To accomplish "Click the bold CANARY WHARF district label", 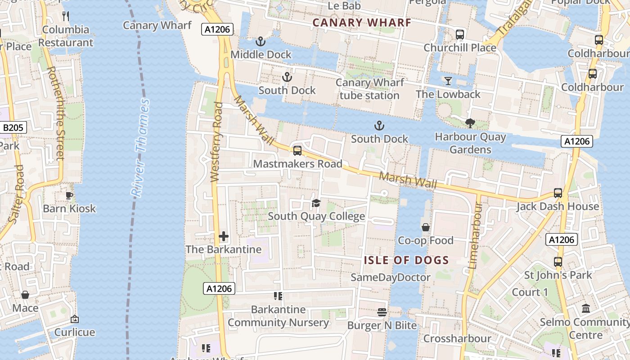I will click(x=362, y=22).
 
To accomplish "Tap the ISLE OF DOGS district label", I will click(x=406, y=260).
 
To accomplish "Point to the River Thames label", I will click(x=141, y=148).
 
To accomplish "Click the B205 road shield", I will click(x=13, y=128).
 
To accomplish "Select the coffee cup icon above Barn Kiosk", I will click(x=69, y=195).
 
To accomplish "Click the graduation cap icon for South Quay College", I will click(x=316, y=203).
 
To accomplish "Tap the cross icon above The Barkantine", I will click(x=224, y=236).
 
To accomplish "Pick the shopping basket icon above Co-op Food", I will click(x=426, y=227).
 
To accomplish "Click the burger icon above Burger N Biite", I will click(x=382, y=312).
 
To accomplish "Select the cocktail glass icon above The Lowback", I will click(x=448, y=81).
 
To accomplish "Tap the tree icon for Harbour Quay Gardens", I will click(x=470, y=123).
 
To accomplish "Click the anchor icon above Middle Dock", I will click(x=261, y=42).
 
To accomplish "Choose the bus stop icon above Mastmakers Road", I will click(x=297, y=151).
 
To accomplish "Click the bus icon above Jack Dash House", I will click(x=558, y=193).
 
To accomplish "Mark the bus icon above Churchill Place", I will click(x=460, y=35).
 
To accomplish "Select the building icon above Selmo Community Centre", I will click(x=586, y=309).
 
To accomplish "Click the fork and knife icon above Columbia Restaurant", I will click(x=66, y=16).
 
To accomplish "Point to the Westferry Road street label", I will click(x=217, y=142).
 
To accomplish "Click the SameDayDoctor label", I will click(x=391, y=277).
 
